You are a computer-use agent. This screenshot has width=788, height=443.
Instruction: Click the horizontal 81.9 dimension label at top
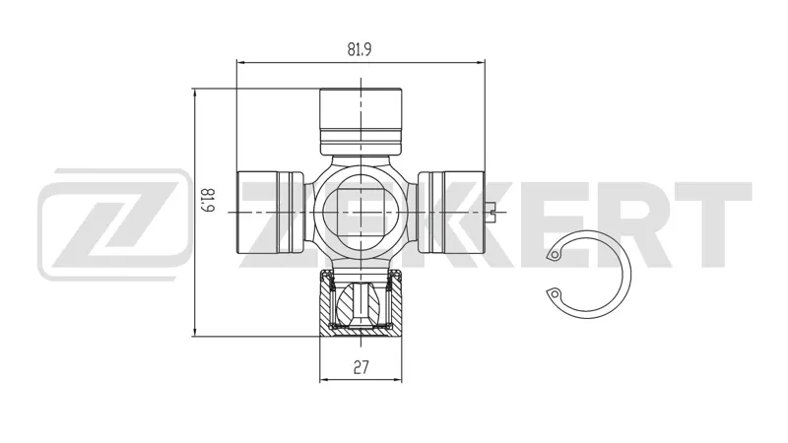[360, 49]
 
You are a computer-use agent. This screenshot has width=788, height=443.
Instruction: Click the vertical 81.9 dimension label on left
[208, 200]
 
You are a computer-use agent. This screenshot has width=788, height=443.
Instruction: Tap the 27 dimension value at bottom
[361, 367]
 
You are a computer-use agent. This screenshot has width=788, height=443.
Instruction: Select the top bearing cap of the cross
[361, 121]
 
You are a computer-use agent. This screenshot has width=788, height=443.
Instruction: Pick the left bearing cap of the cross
[270, 212]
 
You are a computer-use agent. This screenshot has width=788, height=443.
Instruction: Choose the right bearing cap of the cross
[451, 212]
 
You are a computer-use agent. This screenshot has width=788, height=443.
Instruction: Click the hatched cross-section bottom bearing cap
[361, 303]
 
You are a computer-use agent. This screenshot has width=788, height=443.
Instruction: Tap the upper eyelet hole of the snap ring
[555, 255]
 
